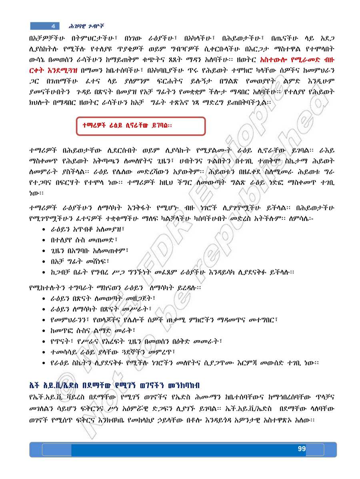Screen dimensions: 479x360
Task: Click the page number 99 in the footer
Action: pyautogui.click(x=302, y=449)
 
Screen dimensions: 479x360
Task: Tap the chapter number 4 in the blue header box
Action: pyautogui.click(x=53, y=26)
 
